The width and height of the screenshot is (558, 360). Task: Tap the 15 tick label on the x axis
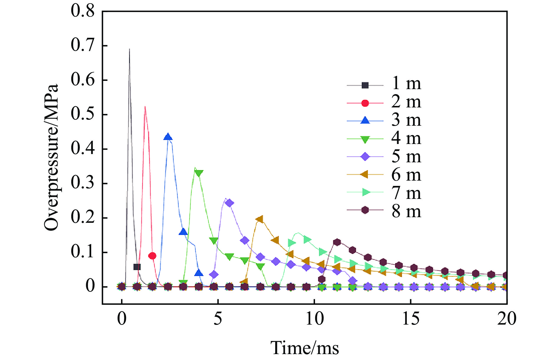pos(410,319)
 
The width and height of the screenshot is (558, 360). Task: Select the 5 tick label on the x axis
pos(218,319)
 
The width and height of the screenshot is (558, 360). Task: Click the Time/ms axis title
pos(304,348)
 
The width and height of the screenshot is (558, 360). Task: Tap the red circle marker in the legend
pos(365,103)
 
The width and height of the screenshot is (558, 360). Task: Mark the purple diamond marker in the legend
pos(365,157)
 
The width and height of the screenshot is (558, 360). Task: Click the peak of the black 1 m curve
pos(129,49)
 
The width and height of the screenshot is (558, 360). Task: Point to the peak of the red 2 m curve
pos(145,107)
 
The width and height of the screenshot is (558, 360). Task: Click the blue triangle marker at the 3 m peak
pos(168,137)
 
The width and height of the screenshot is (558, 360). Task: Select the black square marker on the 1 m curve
pos(137,267)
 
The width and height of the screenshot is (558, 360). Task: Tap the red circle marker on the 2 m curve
pos(152,256)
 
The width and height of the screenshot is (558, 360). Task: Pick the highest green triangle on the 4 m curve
pos(199,173)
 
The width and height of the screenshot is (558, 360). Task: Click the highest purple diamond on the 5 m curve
pos(229,203)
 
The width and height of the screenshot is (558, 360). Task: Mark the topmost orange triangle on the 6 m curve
pos(260,219)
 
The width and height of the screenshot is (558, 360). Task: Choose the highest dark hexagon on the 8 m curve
pos(337,242)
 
